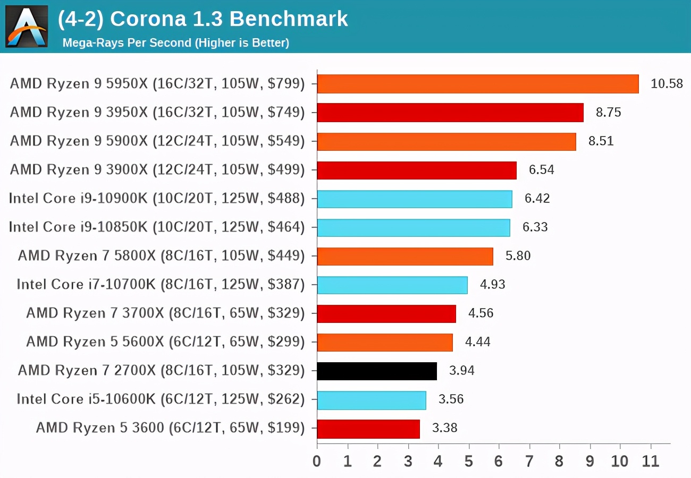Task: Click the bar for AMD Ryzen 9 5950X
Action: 477,84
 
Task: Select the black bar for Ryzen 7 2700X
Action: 376,371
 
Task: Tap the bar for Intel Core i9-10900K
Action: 414,199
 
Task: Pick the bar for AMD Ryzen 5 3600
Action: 368,428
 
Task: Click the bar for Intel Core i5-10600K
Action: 371,399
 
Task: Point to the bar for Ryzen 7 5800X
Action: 405,256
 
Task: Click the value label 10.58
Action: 667,84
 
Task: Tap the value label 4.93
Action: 492,285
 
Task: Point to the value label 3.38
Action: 444,428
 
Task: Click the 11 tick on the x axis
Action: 651,460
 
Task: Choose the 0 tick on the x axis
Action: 317,460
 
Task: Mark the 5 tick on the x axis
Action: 468,460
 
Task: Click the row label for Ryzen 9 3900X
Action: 157,170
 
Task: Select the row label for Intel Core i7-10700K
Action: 161,285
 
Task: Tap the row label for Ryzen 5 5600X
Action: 165,342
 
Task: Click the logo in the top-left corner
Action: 27,27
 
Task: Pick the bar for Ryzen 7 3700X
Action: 386,313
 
